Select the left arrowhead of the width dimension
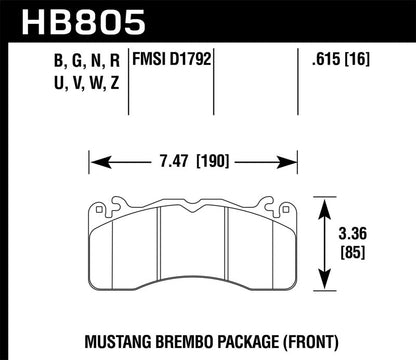point(95,158)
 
